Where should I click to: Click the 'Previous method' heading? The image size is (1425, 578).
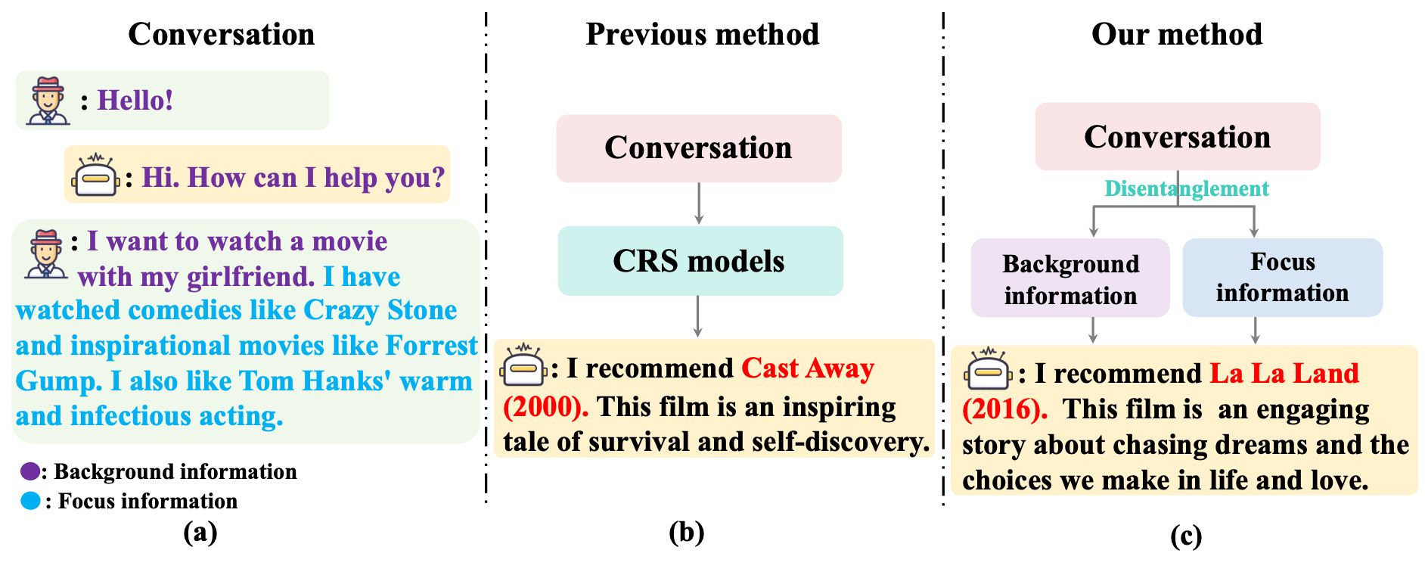coord(702,35)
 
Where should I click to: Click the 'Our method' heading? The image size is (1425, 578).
coord(1176,35)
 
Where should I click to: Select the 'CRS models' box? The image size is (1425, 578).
coord(700,261)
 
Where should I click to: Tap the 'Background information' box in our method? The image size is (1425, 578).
coord(1070,278)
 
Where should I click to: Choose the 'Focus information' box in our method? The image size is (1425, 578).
coord(1282,277)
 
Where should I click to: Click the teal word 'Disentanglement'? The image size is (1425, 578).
coord(1186,188)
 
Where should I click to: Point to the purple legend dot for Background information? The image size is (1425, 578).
coord(30,471)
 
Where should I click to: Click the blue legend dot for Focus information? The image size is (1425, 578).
coord(30,501)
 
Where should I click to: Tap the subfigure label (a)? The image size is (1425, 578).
coord(200,533)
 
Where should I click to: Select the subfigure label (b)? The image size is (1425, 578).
coord(686,533)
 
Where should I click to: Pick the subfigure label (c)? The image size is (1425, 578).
coord(1185,536)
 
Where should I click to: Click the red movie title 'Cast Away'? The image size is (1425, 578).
coord(807,368)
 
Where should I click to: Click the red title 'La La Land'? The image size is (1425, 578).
coord(1284,374)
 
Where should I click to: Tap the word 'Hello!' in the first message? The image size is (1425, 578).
coord(135,101)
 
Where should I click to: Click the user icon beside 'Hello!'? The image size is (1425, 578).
coord(48,101)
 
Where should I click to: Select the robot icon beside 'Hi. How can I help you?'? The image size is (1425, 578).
coord(95,176)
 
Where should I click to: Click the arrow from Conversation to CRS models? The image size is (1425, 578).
coord(698,204)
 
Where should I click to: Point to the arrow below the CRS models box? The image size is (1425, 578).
coord(697,316)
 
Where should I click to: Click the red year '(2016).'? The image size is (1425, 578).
coord(1004,409)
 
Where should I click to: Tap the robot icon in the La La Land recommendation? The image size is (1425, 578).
coord(988,370)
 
